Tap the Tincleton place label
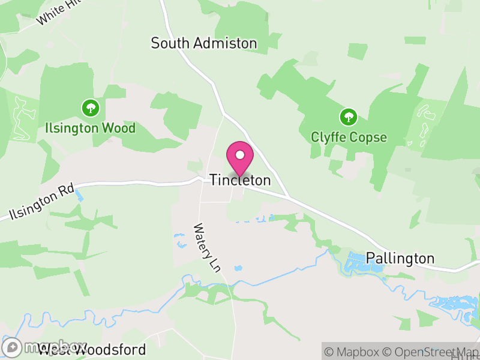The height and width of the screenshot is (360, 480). pos(240,180)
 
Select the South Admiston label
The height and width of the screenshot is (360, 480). pos(203,43)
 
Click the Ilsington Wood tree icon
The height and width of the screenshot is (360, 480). pos(91,108)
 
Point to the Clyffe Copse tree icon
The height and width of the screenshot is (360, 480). pos(348,116)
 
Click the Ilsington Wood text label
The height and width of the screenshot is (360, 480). pos(91,128)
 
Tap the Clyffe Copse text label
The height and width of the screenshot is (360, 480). pos(349,137)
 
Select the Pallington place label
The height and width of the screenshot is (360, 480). pos(400,258)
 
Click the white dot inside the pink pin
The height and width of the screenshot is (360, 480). pos(240,154)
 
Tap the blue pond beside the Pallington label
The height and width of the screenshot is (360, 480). pos(363,262)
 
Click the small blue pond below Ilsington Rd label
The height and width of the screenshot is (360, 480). pos(80,196)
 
